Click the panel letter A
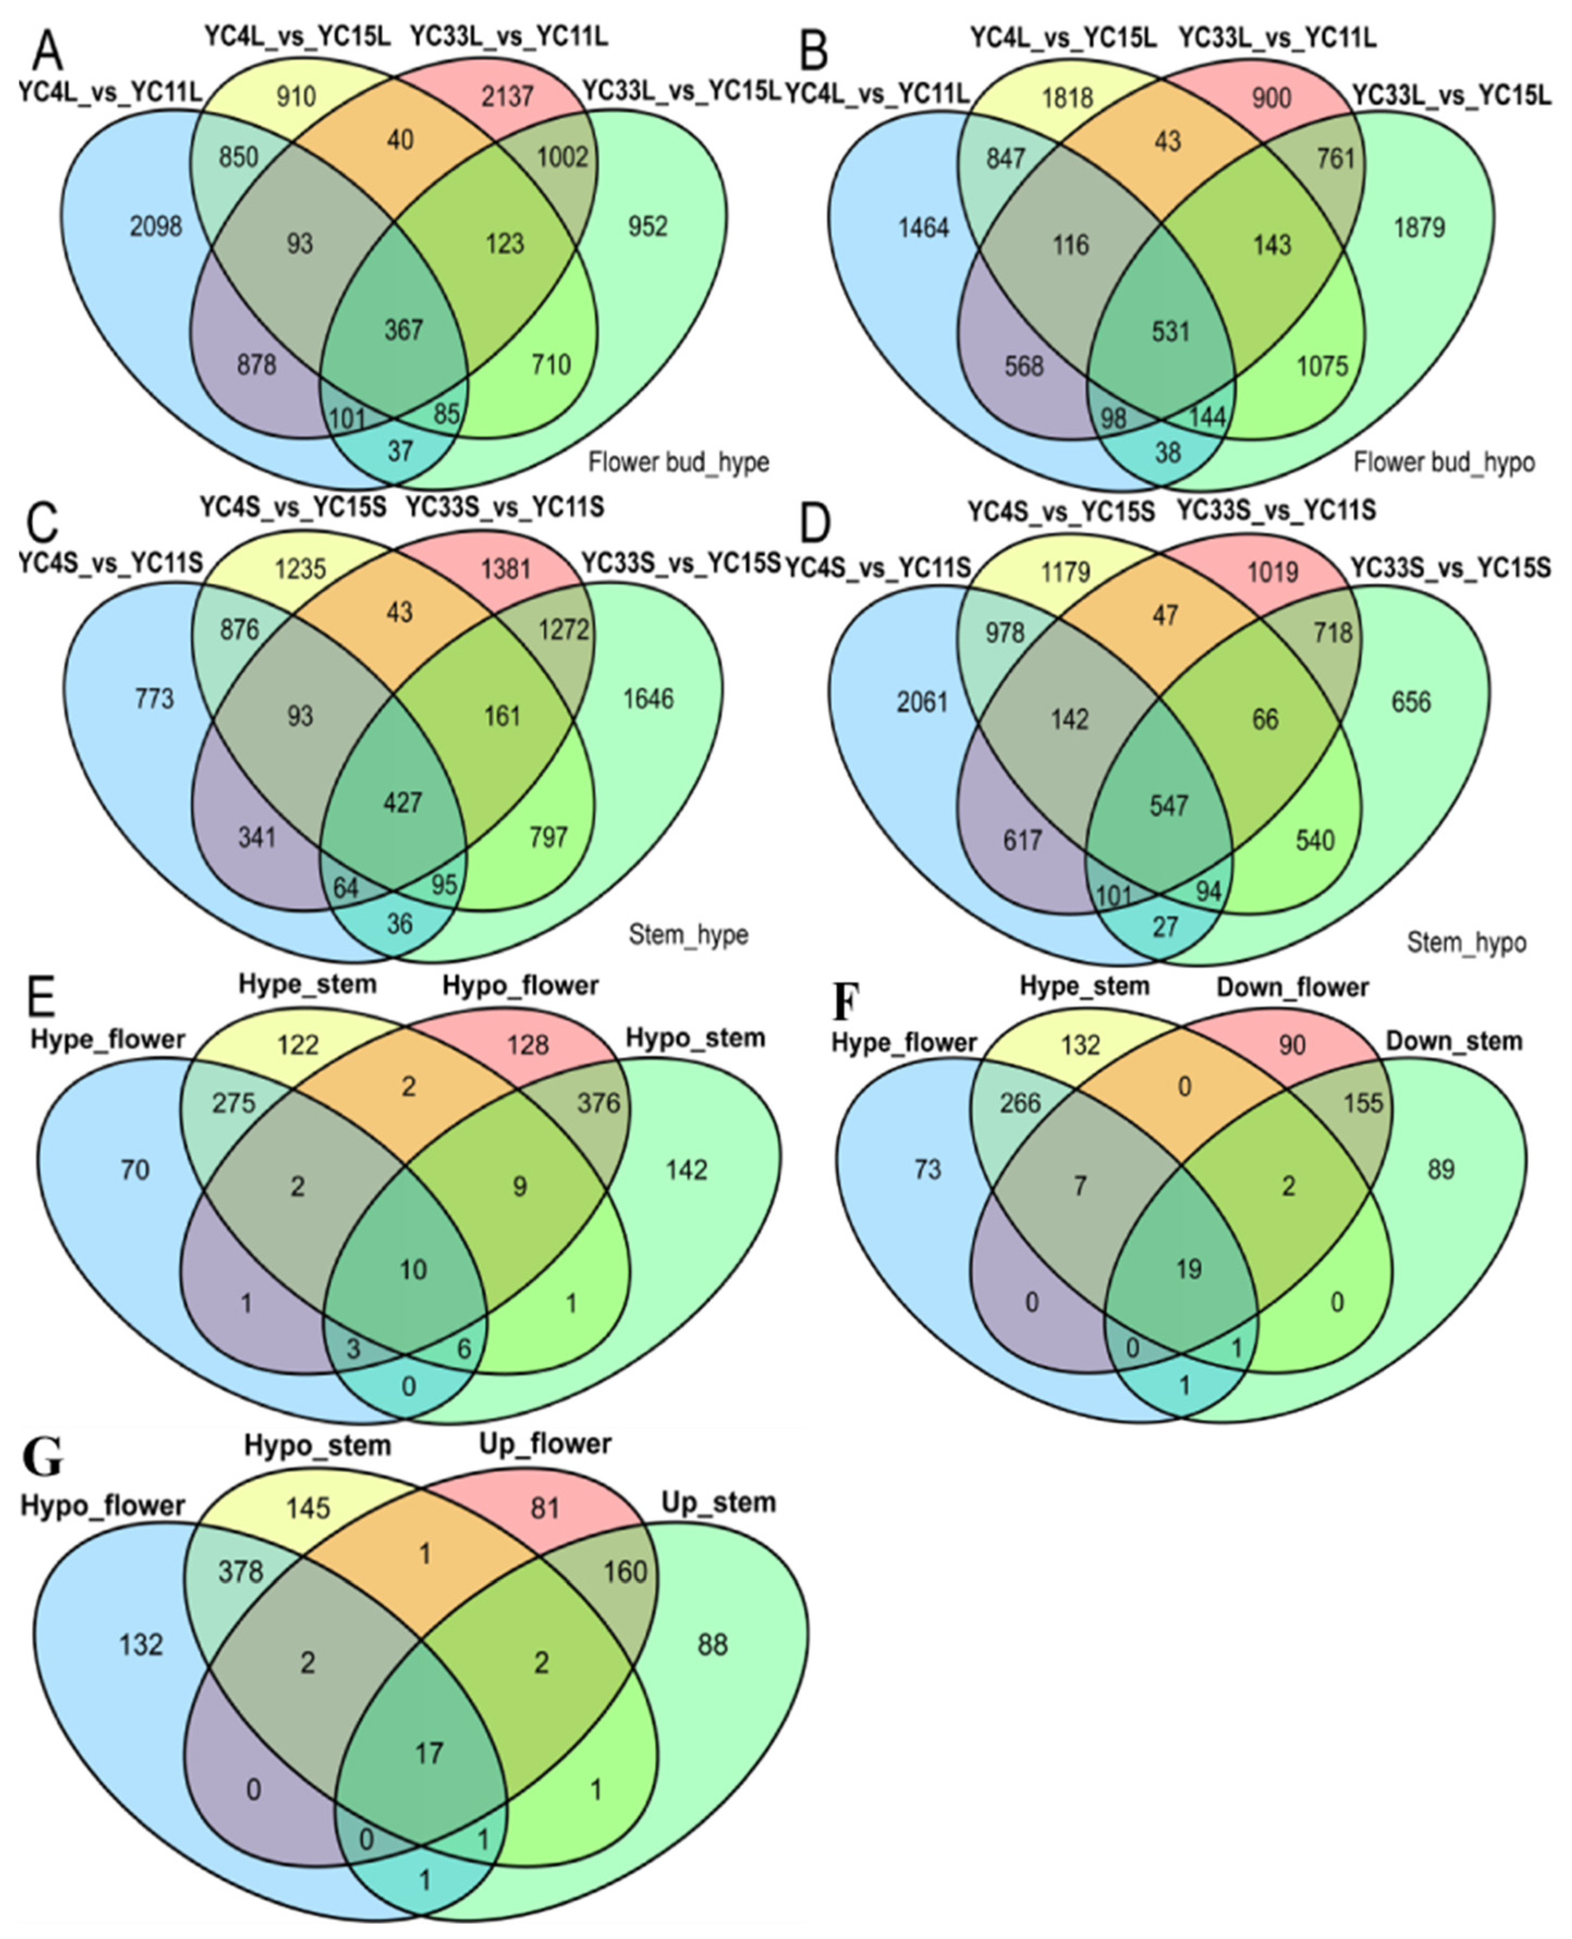(47, 52)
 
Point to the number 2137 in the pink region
(507, 96)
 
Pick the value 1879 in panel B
(1419, 227)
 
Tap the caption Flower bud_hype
(678, 462)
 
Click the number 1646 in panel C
(649, 698)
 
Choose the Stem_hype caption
(688, 934)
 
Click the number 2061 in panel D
(922, 701)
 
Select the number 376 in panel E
(598, 1102)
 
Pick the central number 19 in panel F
(1188, 1269)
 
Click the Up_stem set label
(718, 1502)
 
